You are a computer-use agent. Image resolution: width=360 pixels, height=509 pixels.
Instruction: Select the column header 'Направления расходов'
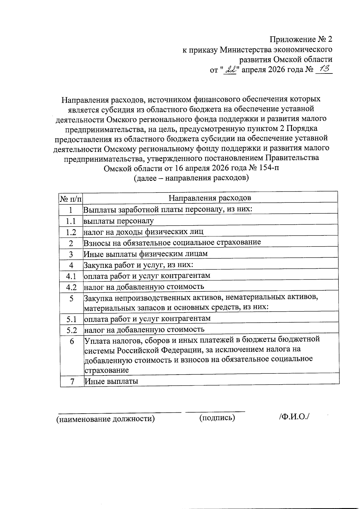(210, 198)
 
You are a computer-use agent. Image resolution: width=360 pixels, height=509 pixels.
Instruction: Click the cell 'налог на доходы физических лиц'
(143, 232)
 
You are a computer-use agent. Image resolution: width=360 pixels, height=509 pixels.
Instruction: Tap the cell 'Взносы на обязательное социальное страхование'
(172, 242)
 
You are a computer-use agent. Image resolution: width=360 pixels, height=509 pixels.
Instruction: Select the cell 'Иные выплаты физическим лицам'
(145, 254)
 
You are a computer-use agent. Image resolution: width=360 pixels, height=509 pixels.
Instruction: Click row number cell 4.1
(71, 276)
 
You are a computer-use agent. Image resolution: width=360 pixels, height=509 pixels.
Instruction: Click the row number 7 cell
(72, 382)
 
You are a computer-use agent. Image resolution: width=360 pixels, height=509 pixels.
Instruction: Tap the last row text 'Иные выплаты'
(111, 381)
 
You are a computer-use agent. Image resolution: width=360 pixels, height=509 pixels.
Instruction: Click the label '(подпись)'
(217, 418)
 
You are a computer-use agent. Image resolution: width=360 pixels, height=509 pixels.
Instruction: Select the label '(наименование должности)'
(106, 419)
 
